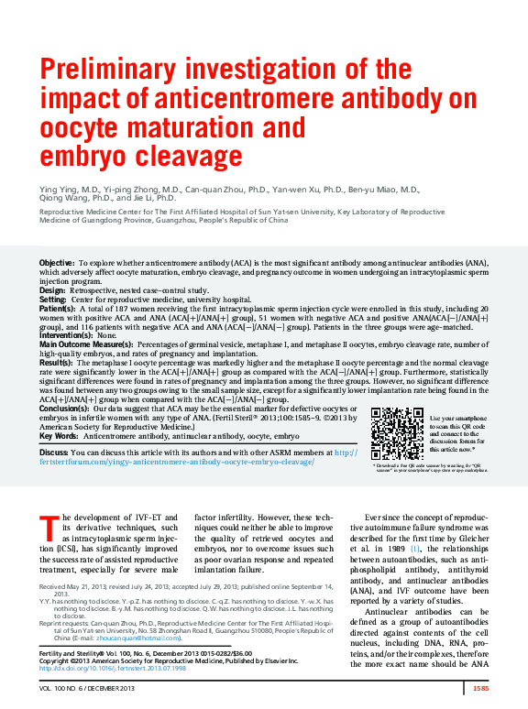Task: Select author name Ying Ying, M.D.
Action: [68, 189]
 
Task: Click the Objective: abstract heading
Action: [57, 264]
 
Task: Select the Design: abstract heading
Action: [52, 290]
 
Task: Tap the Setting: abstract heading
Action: [53, 300]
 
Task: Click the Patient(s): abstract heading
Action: [58, 310]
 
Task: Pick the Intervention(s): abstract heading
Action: [67, 335]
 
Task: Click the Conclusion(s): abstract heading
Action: [64, 408]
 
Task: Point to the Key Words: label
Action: [59, 437]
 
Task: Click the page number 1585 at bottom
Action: [480, 688]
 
